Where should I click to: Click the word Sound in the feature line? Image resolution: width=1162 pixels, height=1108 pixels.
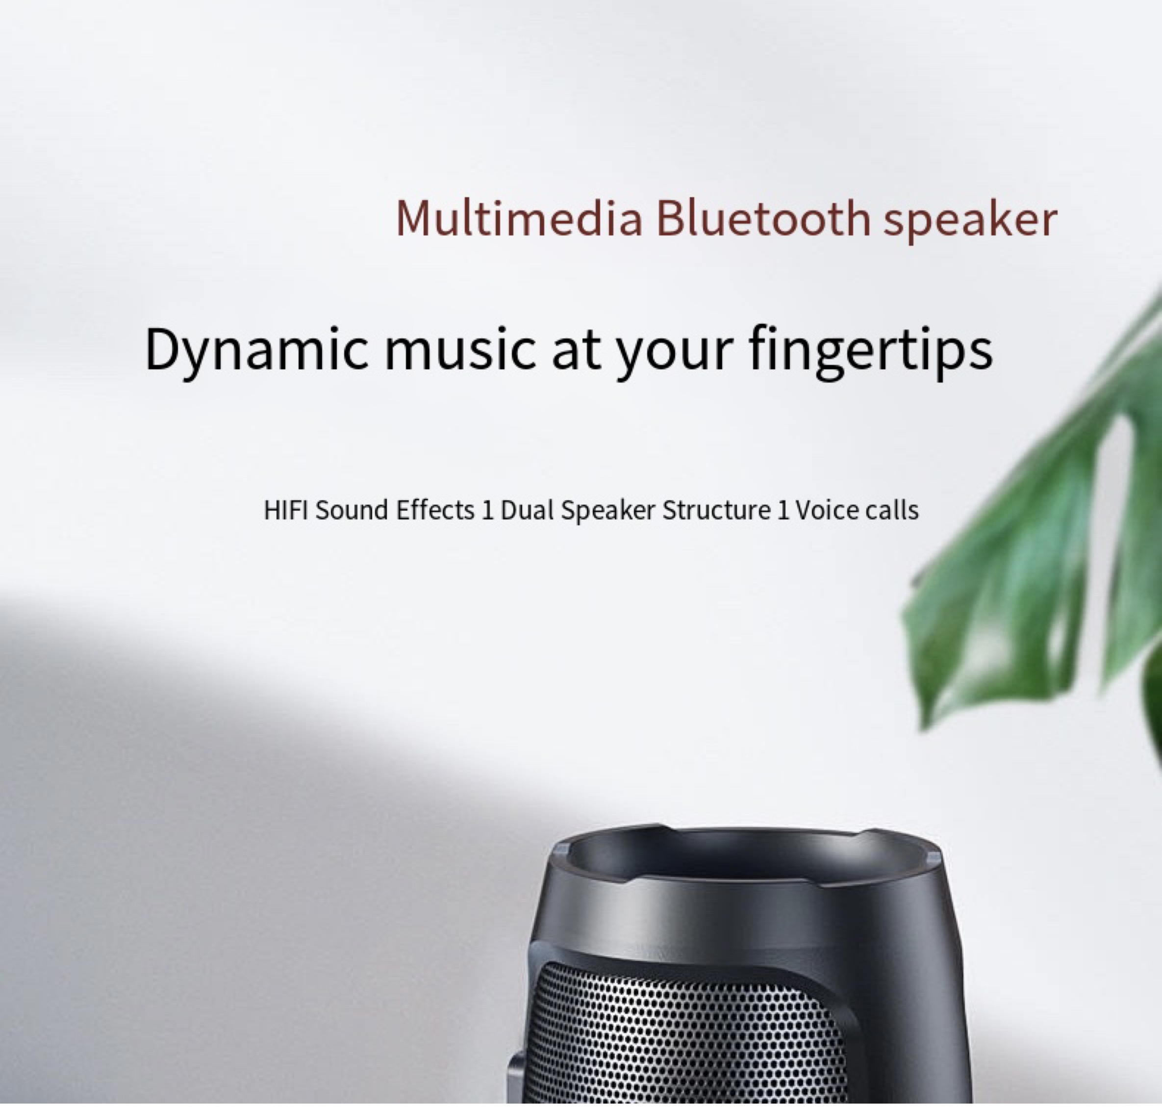(352, 510)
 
